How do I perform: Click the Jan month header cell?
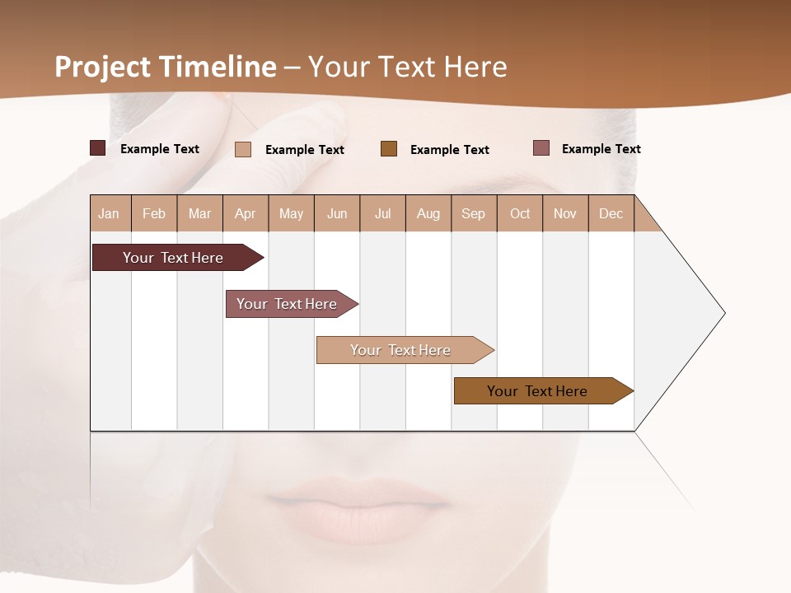tap(110, 213)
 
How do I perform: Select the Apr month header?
tap(246, 213)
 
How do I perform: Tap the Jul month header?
tap(382, 213)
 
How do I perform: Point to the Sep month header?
tap(473, 213)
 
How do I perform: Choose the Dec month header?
tap(611, 213)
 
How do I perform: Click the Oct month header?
tap(520, 213)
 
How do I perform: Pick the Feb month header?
tap(154, 213)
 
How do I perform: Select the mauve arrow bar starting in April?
tap(288, 304)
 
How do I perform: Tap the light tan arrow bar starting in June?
tap(402, 350)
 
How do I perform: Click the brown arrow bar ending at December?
tap(540, 391)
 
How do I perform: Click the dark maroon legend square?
tap(97, 148)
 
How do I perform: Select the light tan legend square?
tap(243, 149)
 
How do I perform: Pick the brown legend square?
tap(389, 148)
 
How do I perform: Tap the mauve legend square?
tap(541, 148)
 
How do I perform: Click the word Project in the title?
tap(102, 67)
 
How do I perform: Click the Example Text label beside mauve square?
tap(601, 148)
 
